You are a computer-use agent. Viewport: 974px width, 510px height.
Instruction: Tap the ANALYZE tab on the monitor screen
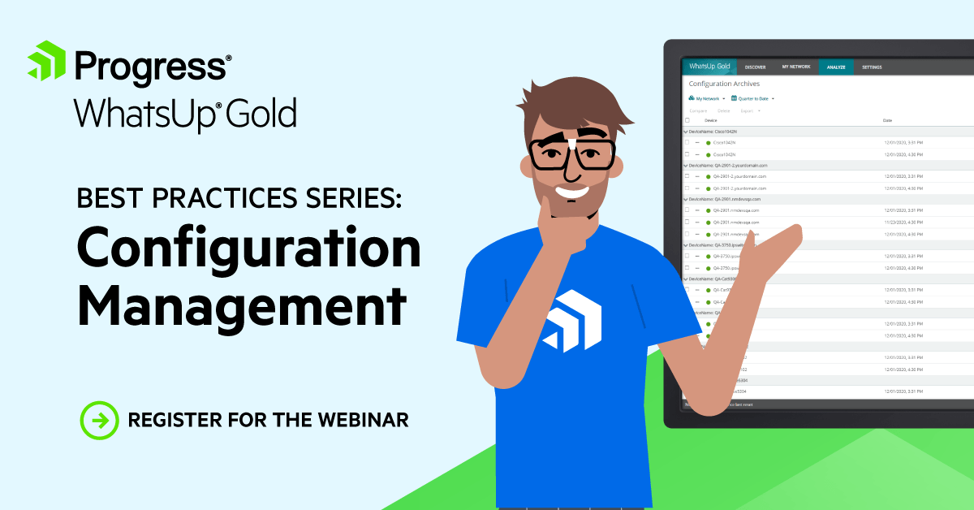tap(836, 67)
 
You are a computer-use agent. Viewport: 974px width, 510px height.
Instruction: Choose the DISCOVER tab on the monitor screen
tap(756, 67)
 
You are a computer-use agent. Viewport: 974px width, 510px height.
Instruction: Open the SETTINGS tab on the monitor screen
tap(872, 67)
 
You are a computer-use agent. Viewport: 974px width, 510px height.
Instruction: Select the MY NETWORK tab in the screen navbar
tap(795, 67)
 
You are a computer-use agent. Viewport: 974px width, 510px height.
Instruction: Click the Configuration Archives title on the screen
tap(724, 84)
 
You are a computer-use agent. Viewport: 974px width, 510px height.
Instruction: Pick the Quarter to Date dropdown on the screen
tap(752, 98)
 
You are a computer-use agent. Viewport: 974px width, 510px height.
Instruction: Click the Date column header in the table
tap(887, 120)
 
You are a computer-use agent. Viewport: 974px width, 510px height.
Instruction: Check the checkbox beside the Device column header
tap(687, 120)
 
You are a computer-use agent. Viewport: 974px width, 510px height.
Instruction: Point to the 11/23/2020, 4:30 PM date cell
tap(903, 222)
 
